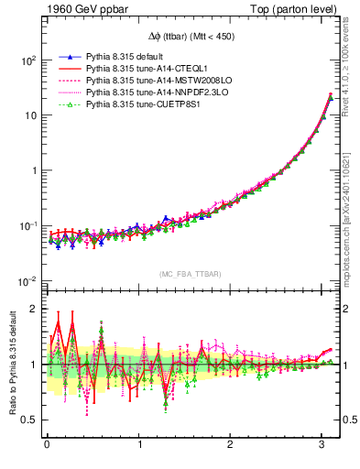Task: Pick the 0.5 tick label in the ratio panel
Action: pyautogui.click(x=27, y=420)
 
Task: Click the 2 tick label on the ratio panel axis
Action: pyautogui.click(x=32, y=309)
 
